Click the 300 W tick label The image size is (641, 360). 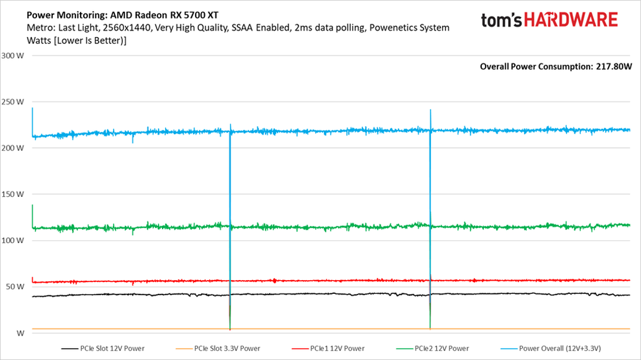pos(14,55)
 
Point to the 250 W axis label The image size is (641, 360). pos(14,102)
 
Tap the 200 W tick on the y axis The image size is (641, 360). pos(14,148)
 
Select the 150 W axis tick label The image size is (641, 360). pos(14,194)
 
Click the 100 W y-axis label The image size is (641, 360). pos(14,240)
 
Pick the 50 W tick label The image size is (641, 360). pos(14,287)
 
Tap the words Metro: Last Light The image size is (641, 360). pos(62,28)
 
